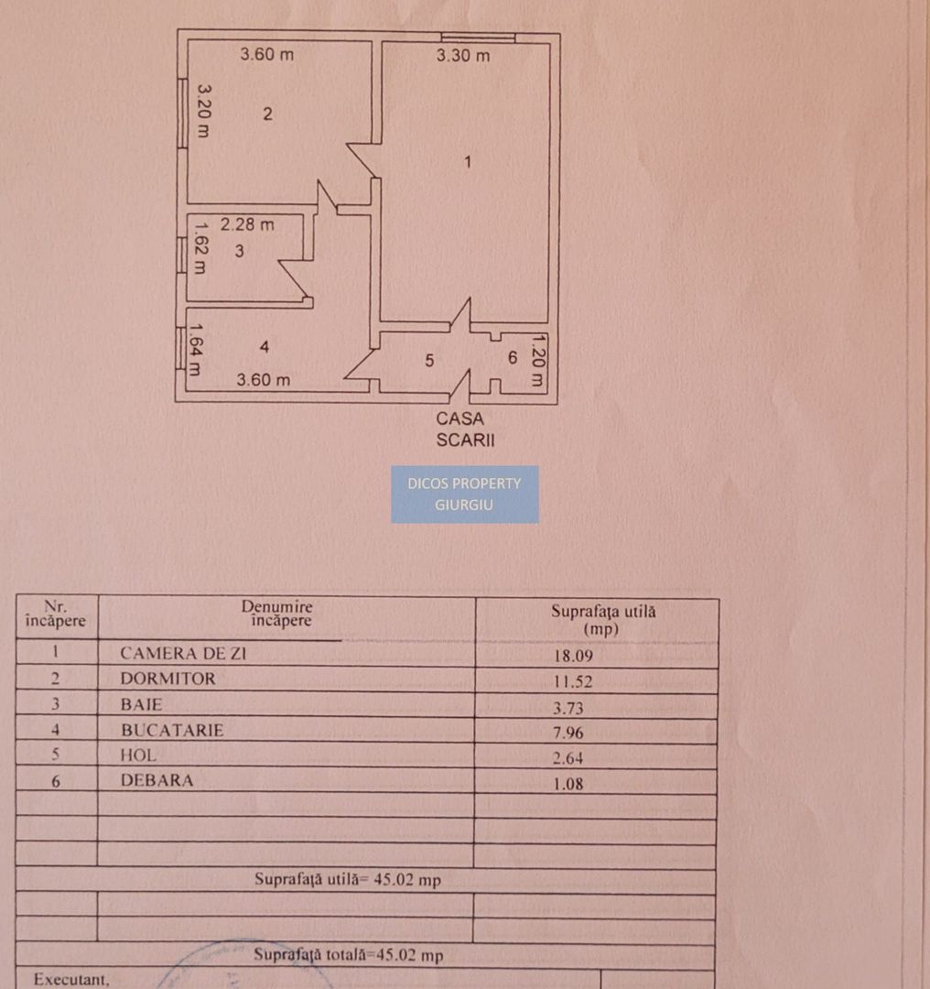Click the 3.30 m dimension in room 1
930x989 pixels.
click(462, 56)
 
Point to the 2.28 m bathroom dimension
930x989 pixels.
click(247, 223)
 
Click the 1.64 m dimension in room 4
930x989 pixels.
click(194, 352)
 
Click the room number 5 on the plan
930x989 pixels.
click(429, 361)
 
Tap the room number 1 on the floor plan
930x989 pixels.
click(468, 162)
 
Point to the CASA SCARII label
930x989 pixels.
click(465, 429)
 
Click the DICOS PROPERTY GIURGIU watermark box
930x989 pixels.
click(465, 494)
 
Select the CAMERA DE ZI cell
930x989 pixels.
click(184, 654)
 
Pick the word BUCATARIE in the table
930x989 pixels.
click(172, 731)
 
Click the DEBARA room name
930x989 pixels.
click(157, 781)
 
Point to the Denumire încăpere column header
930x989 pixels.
click(276, 614)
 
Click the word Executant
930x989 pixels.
click(71, 980)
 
